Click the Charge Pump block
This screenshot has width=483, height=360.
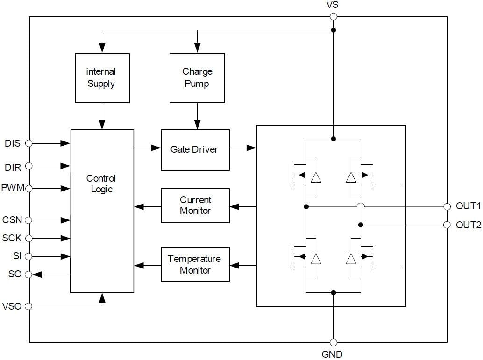197,78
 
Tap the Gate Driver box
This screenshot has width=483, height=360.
195,150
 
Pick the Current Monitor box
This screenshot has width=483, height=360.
195,205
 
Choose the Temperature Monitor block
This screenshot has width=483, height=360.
195,264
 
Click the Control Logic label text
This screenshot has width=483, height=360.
101,184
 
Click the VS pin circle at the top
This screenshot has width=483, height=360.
333,17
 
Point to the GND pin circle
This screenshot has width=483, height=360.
333,342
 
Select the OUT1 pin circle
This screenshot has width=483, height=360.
447,206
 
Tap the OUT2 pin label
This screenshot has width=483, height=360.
468,225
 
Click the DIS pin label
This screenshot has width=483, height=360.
13,143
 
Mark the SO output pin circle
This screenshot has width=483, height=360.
28,275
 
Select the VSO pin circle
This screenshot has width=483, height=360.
28,306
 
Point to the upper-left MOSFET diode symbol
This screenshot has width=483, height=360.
316,177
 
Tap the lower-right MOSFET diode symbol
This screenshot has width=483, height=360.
351,258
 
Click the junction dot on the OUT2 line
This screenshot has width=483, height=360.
361,225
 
